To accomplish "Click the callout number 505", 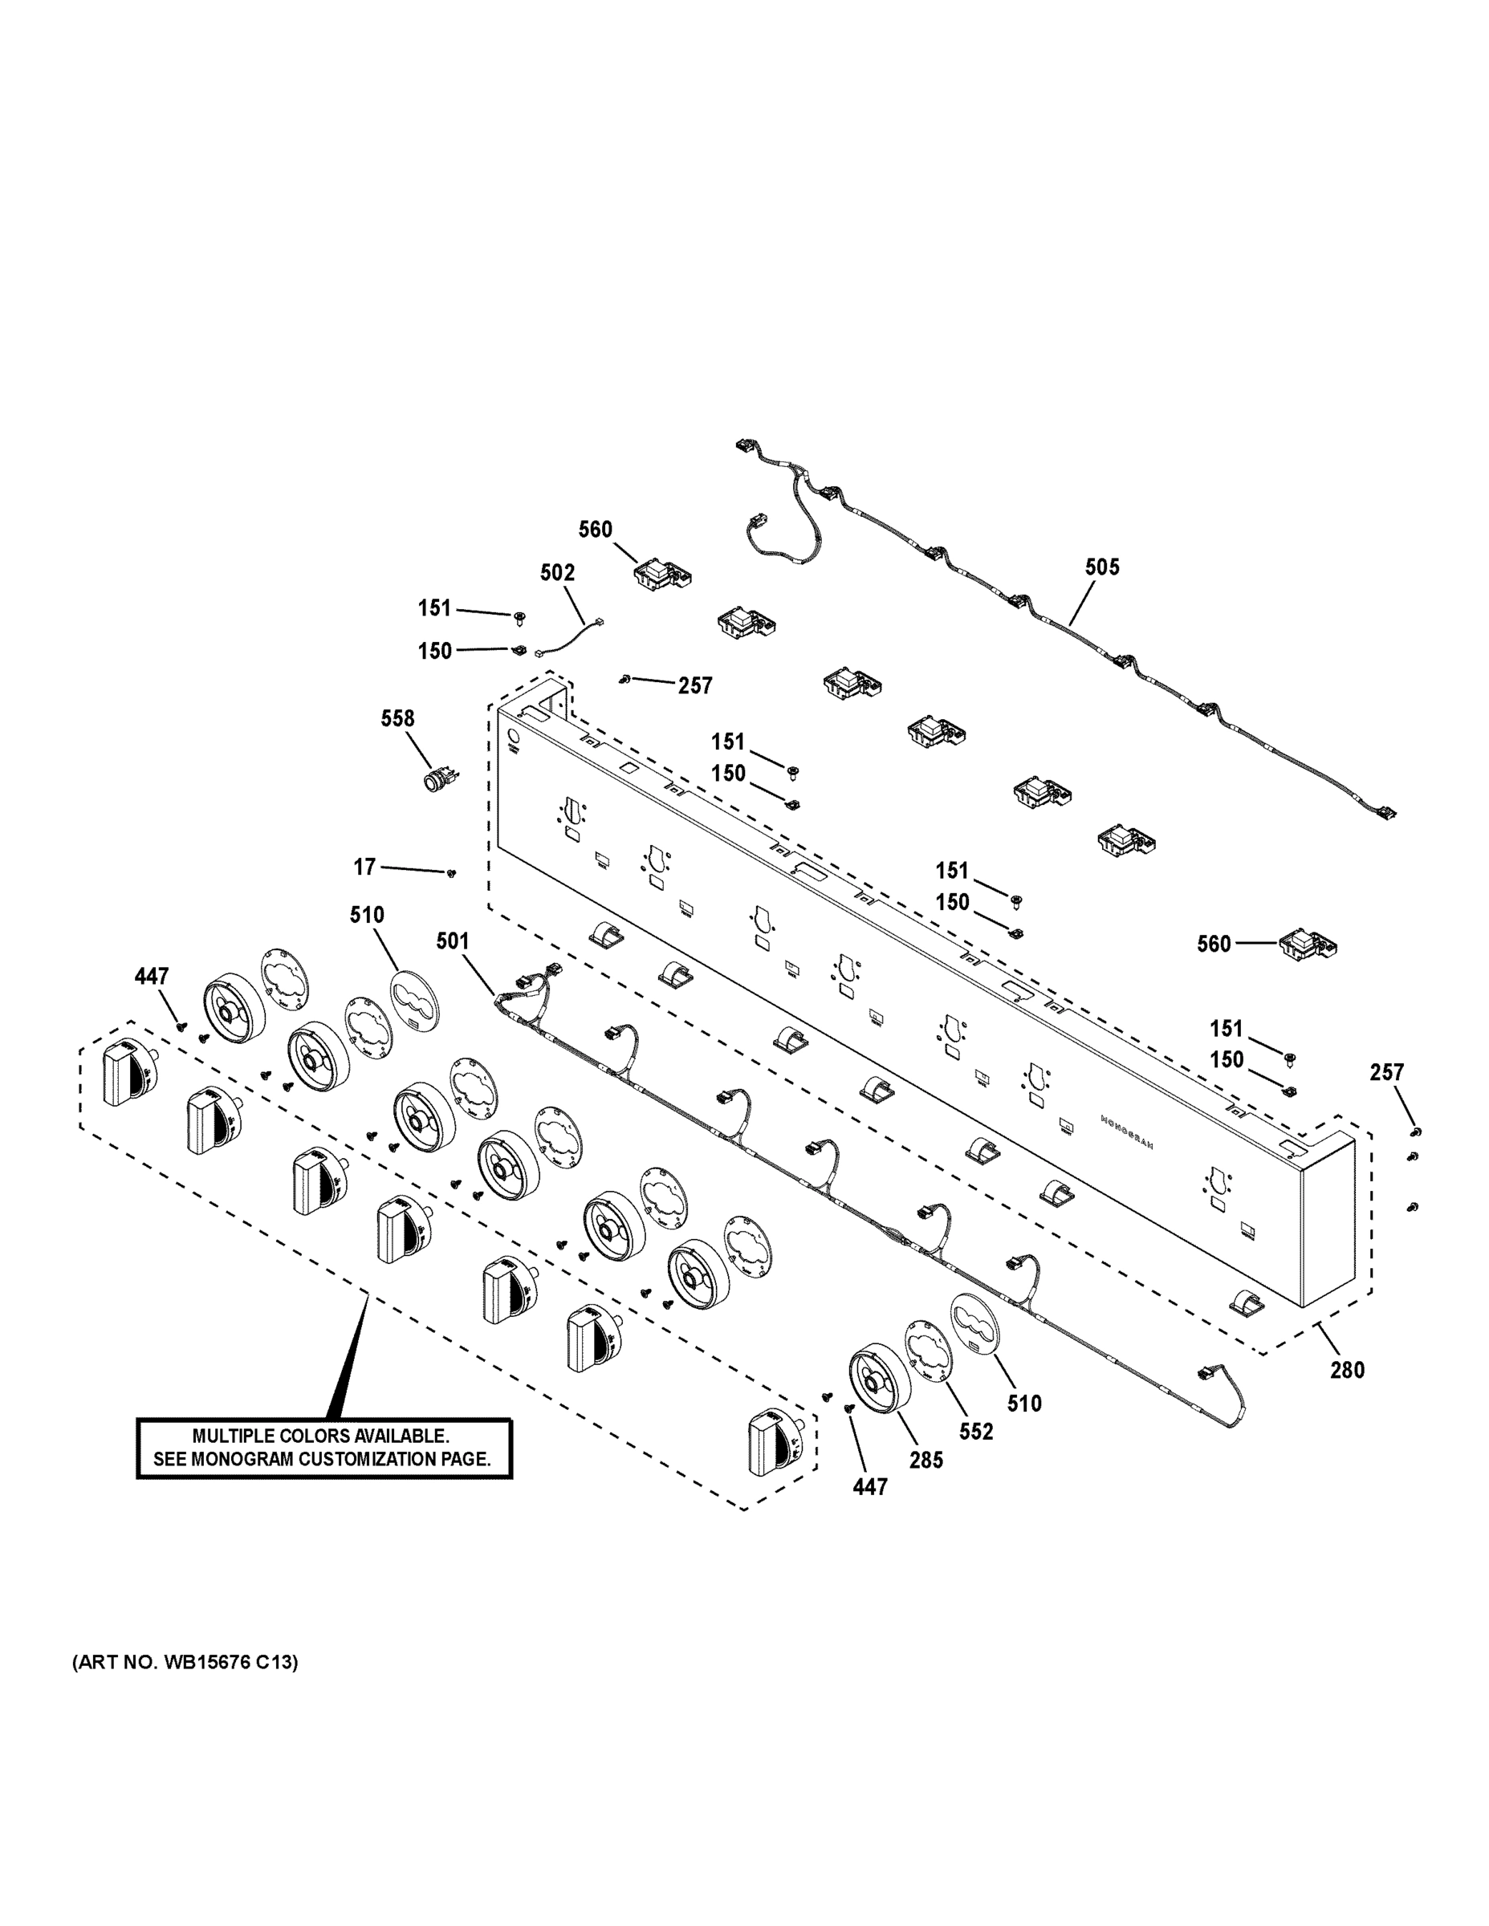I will [1102, 567].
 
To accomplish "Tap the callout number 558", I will [397, 719].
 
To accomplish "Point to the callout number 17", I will [364, 868].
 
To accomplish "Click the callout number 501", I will [453, 942].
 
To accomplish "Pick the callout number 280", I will [1347, 1371].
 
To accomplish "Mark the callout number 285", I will [926, 1461].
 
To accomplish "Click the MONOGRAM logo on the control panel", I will [1126, 1132].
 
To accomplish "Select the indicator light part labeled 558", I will [437, 781].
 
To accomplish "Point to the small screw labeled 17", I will [452, 873].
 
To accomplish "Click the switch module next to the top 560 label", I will [661, 575].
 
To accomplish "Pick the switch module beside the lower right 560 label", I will [1309, 945].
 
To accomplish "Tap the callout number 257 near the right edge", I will [1387, 1072].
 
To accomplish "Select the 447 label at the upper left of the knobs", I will [151, 976].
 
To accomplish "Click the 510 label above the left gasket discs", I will [367, 916].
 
